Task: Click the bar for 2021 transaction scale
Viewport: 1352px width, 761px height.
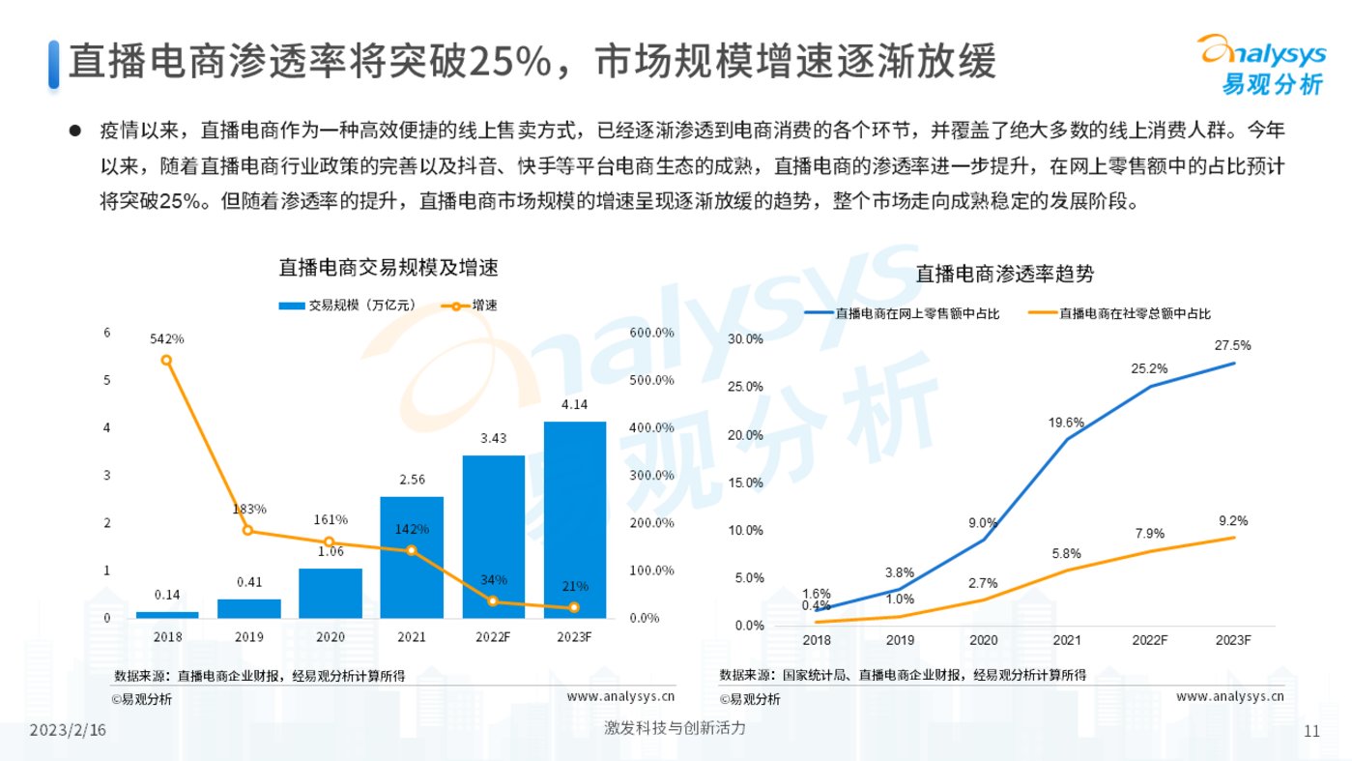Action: pyautogui.click(x=412, y=558)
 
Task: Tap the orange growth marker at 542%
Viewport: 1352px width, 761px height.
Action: pyautogui.click(x=166, y=360)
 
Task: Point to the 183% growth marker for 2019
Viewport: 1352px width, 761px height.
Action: pyautogui.click(x=247, y=530)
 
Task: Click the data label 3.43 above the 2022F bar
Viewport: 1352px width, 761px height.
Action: pyautogui.click(x=493, y=439)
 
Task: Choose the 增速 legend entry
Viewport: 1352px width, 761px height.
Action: pyautogui.click(x=474, y=306)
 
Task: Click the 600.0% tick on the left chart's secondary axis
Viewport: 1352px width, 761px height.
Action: pyautogui.click(x=651, y=333)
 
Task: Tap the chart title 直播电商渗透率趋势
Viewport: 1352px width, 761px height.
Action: pyautogui.click(x=1005, y=274)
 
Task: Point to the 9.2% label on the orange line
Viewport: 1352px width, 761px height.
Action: pyautogui.click(x=1232, y=520)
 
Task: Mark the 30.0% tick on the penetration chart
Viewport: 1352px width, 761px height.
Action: pyautogui.click(x=745, y=339)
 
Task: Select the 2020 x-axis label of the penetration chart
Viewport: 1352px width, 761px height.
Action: pyautogui.click(x=984, y=641)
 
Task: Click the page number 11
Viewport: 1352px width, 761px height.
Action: pyautogui.click(x=1311, y=731)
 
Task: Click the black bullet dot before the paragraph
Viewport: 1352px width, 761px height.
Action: pyautogui.click(x=74, y=129)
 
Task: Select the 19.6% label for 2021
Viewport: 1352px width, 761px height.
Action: pyautogui.click(x=1067, y=422)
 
